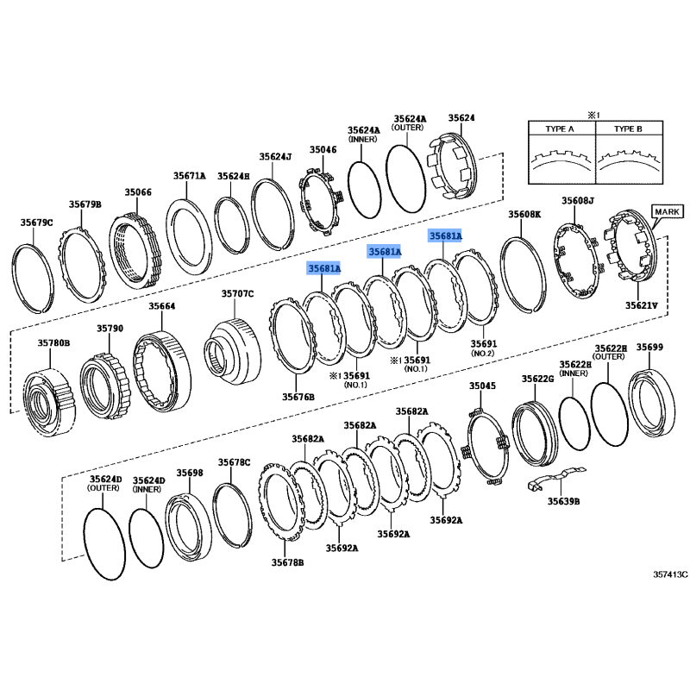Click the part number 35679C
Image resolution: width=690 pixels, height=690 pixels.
pos(37,223)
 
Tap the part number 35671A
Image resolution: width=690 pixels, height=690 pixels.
pos(189,175)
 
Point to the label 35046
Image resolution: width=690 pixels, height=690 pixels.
pos(323,149)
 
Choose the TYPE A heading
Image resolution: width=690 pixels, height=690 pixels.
pos(559,129)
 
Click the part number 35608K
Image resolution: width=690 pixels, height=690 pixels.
pos(524,213)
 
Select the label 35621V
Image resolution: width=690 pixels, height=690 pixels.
pos(641,304)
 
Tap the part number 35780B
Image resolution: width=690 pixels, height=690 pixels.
pos(53,342)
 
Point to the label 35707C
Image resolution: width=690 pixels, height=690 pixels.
pos(237,294)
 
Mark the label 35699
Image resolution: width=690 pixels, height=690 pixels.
pos(649,347)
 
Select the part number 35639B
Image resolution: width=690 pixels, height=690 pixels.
pos(563,500)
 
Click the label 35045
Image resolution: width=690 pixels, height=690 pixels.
pos(482,386)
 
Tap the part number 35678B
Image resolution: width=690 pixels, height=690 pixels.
pos(287,562)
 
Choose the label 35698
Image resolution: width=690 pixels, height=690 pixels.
pos(190,473)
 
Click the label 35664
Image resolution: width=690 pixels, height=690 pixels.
pos(161,306)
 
